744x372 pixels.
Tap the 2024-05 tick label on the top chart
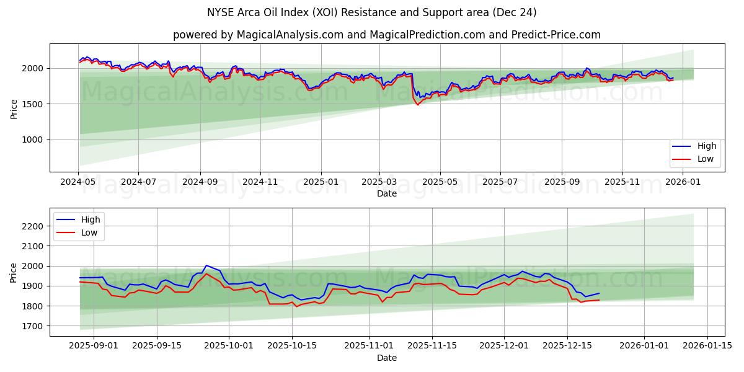pyautogui.click(x=78, y=182)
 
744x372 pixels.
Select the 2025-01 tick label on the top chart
pyautogui.click(x=321, y=182)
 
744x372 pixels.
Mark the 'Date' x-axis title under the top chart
pyautogui.click(x=387, y=193)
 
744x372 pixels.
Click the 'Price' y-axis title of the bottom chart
pyautogui.click(x=14, y=273)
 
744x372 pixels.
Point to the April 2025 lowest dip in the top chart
pyautogui.click(x=417, y=104)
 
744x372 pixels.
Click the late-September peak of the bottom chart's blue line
pyautogui.click(x=206, y=265)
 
